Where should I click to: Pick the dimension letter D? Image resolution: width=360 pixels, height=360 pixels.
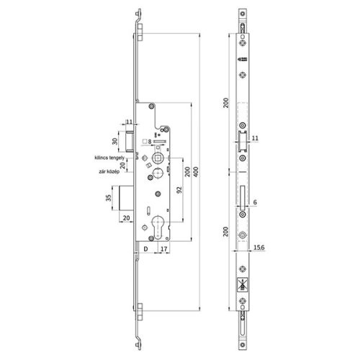145,249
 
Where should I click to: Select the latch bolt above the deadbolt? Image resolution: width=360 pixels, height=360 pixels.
130,136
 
